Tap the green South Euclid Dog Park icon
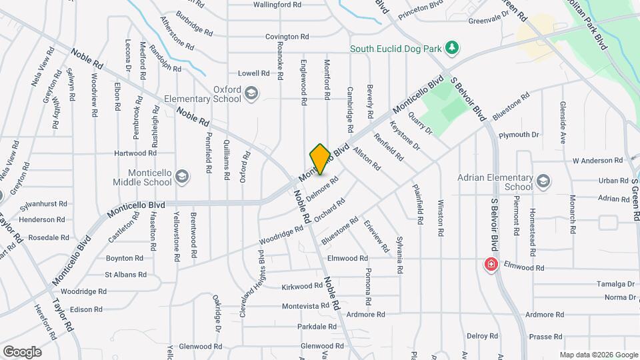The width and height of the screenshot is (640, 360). click(452, 47)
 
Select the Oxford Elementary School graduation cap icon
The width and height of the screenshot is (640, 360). click(251, 93)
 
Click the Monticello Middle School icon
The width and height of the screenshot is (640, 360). click(183, 176)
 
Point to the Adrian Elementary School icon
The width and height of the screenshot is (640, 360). click(544, 181)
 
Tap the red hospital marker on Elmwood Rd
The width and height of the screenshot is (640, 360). click(491, 265)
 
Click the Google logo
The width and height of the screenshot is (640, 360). click(22, 352)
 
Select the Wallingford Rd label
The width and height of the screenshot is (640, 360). click(278, 5)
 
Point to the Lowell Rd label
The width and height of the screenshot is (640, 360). click(253, 73)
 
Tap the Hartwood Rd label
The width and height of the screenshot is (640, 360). click(135, 153)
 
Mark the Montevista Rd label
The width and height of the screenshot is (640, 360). click(305, 306)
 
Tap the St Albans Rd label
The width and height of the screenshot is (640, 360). click(125, 275)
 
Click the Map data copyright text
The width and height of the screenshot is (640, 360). click(598, 355)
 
